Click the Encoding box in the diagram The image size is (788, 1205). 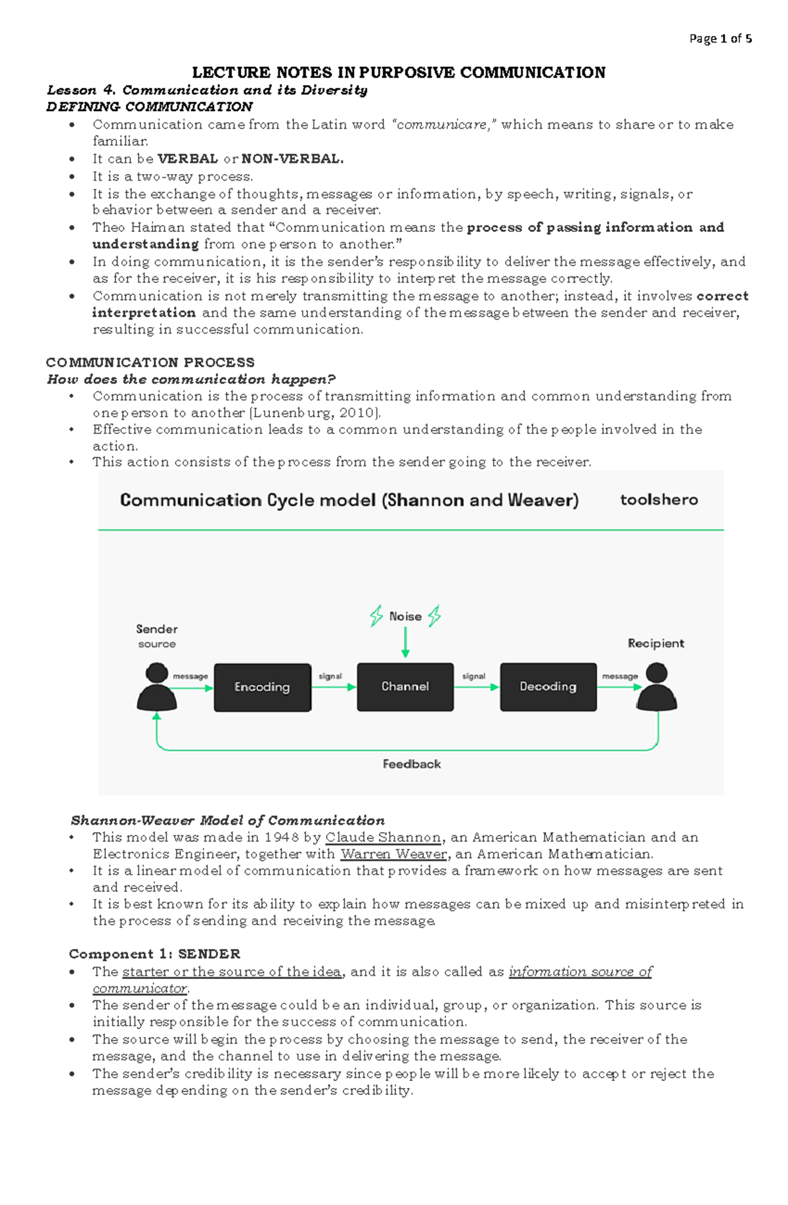[x=262, y=687]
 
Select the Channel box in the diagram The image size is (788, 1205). [x=405, y=687]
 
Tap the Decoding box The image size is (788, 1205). [x=548, y=687]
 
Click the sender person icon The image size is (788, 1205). [x=156, y=688]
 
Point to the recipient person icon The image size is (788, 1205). [x=657, y=688]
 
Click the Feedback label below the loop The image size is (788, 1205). [x=412, y=764]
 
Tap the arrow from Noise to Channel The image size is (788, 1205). [x=405, y=642]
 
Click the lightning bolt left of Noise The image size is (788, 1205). [x=376, y=616]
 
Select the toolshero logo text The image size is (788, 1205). [x=659, y=500]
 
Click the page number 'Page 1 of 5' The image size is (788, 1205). [x=720, y=39]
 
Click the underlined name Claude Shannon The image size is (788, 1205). [x=383, y=837]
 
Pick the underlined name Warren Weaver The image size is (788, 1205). [x=394, y=854]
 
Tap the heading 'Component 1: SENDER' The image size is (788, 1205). [x=154, y=954]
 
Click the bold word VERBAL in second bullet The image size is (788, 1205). [x=188, y=159]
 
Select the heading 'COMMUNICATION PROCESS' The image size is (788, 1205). [x=150, y=362]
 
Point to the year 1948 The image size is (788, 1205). [x=282, y=837]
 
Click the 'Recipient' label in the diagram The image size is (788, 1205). [x=655, y=644]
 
